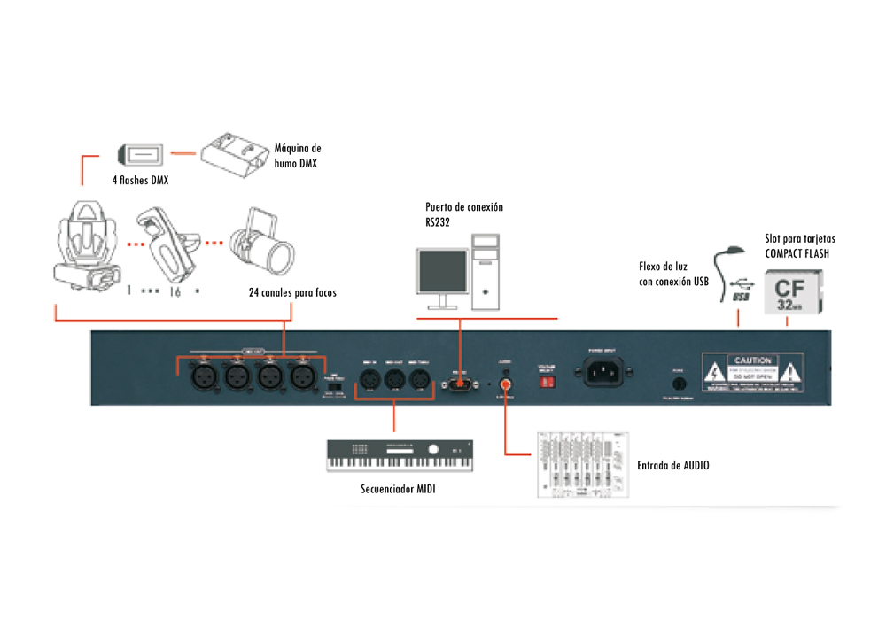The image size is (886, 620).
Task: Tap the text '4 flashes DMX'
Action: (140, 181)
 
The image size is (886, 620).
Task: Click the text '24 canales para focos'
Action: (292, 292)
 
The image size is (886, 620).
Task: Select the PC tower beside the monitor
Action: (487, 270)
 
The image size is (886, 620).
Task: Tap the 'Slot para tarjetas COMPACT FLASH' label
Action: (800, 245)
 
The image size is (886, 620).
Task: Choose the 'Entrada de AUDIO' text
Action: (672, 465)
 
